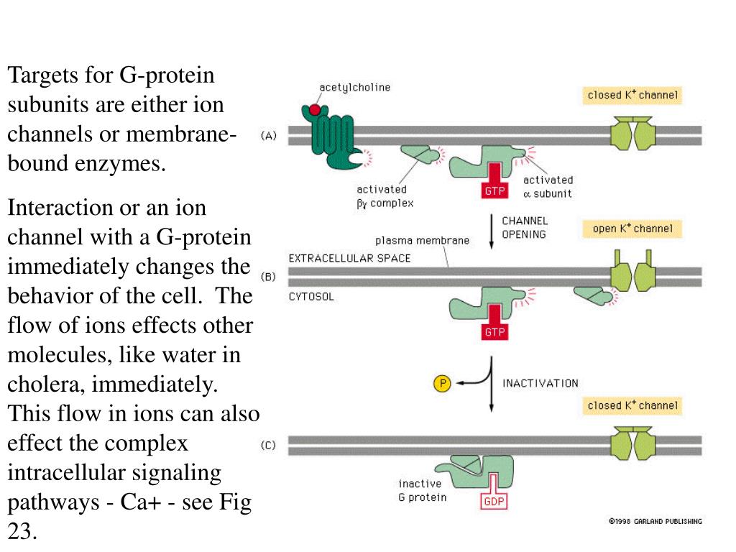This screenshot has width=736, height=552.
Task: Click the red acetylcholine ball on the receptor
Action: tap(315, 110)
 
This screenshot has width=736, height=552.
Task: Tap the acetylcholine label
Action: tap(354, 88)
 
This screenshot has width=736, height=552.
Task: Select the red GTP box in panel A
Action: tap(494, 190)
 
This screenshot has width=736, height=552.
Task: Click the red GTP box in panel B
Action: tap(494, 332)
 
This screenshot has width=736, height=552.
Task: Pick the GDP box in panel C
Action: tap(494, 501)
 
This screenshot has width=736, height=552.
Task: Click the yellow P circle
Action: tap(442, 384)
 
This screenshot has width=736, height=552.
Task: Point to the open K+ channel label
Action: tap(632, 229)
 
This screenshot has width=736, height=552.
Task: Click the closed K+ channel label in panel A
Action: tap(632, 95)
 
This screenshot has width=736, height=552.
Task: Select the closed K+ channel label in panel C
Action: tap(632, 405)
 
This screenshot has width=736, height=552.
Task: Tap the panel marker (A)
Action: tap(267, 135)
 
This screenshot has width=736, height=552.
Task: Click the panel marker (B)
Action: tap(267, 277)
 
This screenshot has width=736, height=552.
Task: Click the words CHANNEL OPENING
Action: tap(524, 228)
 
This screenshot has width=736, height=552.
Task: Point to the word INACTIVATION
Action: tap(540, 383)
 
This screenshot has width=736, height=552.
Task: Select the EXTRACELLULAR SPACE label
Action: tap(349, 258)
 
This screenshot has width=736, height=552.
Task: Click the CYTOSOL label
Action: tap(311, 296)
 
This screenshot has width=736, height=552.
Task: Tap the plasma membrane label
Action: tap(422, 241)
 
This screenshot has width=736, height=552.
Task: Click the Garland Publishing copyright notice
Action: tap(655, 521)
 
